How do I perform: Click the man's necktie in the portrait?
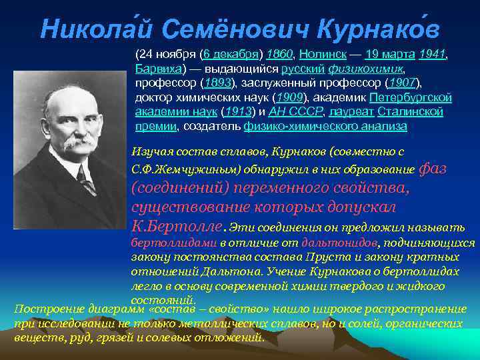click(x=84, y=179)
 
